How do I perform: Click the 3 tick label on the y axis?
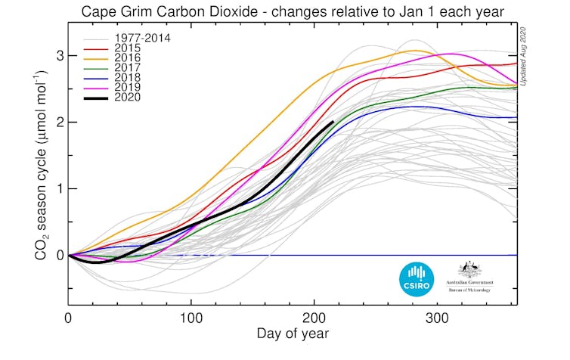[x=59, y=56]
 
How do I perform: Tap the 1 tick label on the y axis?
[x=59, y=188]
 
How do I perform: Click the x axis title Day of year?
[x=293, y=334]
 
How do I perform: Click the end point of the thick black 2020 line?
[x=333, y=122]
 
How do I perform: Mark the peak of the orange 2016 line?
[x=414, y=51]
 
